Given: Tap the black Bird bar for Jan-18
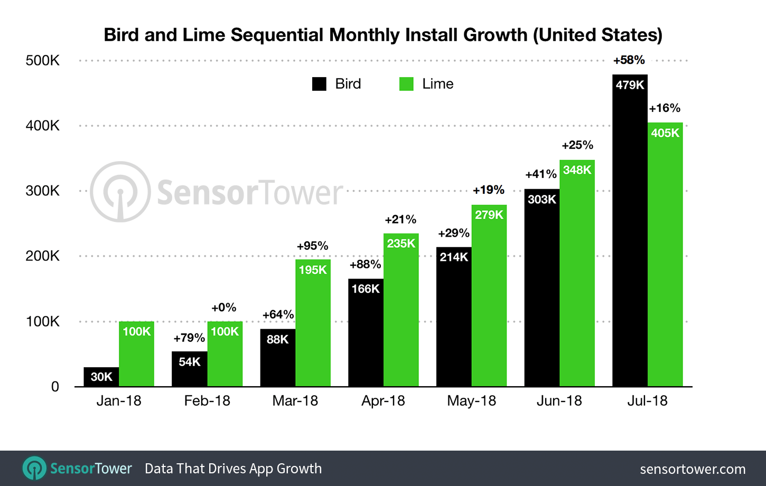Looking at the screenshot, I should (101, 377).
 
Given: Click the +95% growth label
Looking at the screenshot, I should (312, 246).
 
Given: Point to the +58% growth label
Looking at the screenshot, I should (629, 60).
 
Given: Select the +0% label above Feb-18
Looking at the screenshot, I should (223, 307).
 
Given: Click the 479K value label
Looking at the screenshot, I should (630, 85).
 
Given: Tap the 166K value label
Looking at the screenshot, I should (366, 289).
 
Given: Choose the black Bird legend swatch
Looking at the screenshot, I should (319, 84).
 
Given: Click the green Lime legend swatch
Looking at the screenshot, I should (406, 84).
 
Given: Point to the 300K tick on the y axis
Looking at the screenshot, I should (43, 191).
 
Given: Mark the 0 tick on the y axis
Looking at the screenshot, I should (55, 387).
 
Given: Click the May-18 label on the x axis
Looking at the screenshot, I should (471, 401).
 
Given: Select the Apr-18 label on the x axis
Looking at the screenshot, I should (383, 401).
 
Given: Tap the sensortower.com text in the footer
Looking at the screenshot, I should (693, 469).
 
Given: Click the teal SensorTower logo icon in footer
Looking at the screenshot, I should (35, 469).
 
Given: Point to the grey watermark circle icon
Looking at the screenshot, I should (120, 192).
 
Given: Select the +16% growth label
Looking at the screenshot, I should (665, 108).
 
